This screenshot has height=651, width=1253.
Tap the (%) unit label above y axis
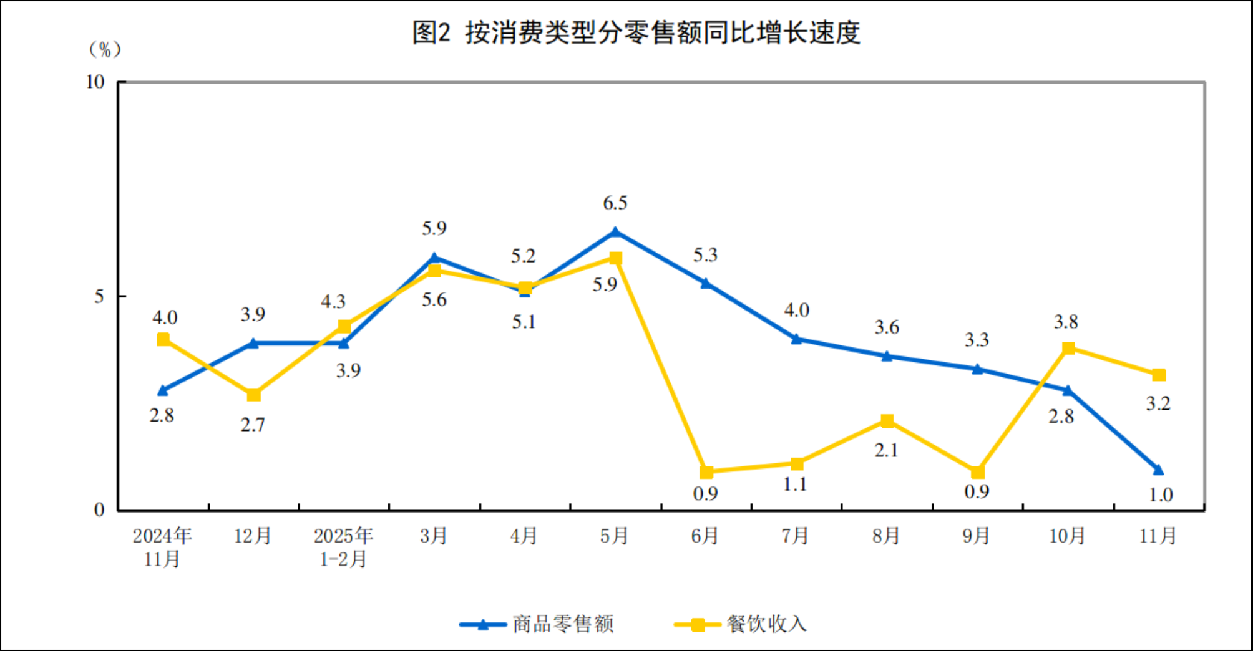[105, 49]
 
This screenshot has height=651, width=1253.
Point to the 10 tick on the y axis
[95, 82]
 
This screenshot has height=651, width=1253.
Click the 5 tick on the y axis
[99, 296]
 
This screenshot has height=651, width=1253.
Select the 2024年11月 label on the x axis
[162, 547]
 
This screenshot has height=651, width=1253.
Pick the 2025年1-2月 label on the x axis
[343, 547]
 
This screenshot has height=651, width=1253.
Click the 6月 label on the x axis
[705, 536]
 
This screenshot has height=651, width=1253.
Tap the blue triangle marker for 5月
[615, 232]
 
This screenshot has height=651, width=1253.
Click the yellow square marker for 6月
[706, 472]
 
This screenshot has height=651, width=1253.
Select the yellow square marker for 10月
[1068, 348]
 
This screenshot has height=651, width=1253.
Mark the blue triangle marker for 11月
[1158, 469]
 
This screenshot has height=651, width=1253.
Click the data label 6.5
[615, 203]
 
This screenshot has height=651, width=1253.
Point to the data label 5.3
[705, 255]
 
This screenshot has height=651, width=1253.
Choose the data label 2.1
[886, 450]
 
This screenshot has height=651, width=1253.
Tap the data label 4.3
[333, 302]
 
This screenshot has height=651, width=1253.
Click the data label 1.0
[1161, 495]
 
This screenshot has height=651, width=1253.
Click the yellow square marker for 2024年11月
[163, 339]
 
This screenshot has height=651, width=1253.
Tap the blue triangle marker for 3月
[434, 258]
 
